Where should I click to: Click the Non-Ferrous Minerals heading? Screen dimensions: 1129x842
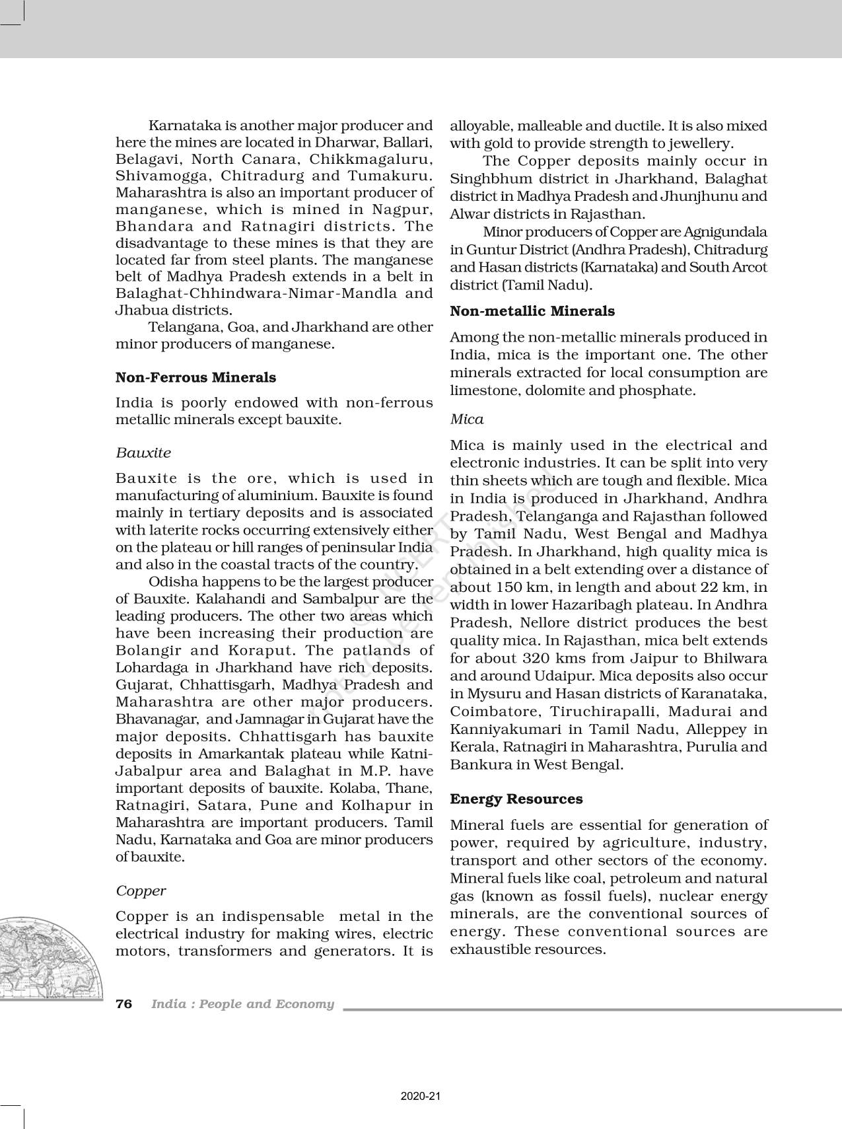[195, 378]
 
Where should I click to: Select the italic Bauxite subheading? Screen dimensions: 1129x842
[143, 453]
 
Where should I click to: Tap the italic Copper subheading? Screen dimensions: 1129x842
[141, 891]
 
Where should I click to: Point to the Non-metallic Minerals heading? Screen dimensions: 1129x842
[532, 311]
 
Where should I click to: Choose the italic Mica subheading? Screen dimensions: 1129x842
[467, 419]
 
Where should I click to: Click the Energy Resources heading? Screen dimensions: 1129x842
[516, 799]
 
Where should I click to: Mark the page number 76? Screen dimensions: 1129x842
[124, 1004]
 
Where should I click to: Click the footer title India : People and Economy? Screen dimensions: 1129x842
[242, 1004]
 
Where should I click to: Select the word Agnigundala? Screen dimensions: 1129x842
[725, 233]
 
